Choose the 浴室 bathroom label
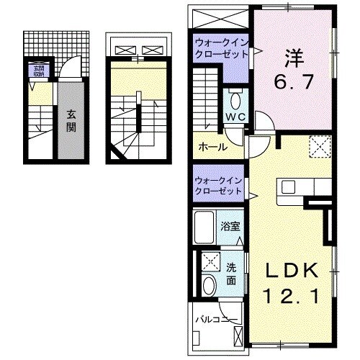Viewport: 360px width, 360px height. (230, 225)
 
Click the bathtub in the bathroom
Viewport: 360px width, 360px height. (206, 228)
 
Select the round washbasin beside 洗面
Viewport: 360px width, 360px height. (208, 284)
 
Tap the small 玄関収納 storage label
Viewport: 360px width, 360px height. (35, 71)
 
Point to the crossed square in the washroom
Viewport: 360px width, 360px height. (210, 261)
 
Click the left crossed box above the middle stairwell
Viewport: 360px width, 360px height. (124, 50)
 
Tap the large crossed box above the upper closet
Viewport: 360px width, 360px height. (220, 22)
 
